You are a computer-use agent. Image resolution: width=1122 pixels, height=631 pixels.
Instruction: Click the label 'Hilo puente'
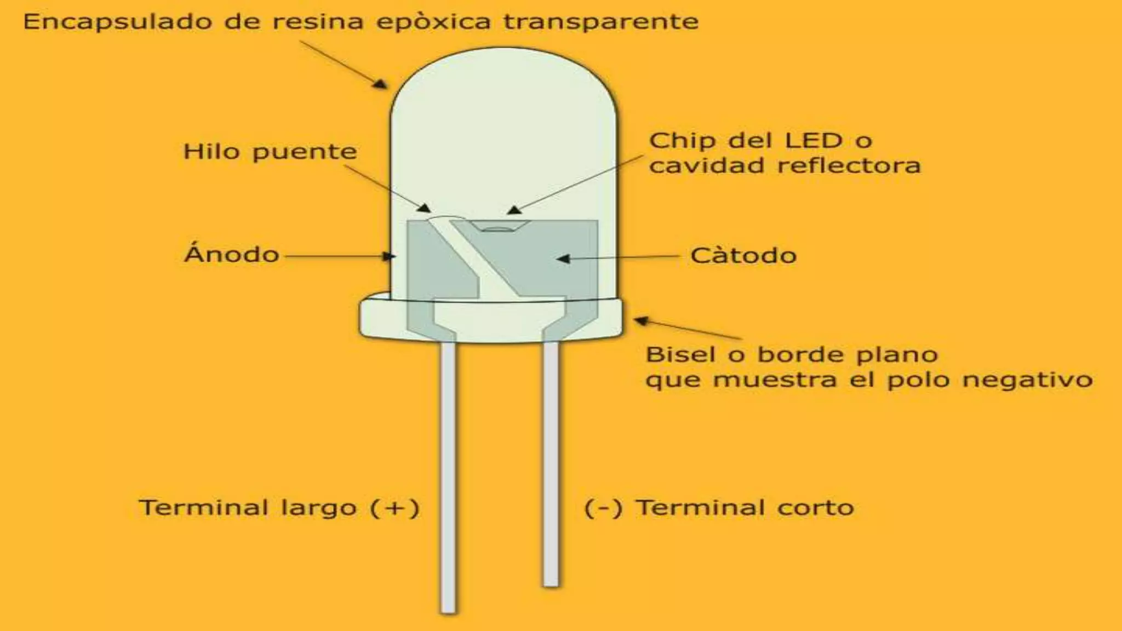(270, 152)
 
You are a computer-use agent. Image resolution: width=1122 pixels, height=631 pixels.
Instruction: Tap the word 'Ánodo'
(232, 255)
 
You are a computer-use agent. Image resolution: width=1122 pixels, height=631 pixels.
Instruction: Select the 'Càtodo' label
(743, 256)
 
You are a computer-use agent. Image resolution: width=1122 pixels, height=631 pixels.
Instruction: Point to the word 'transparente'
(601, 22)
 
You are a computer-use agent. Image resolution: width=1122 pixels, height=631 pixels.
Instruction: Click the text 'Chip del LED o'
(760, 141)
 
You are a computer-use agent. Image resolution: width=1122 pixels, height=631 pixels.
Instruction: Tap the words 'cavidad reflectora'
(785, 165)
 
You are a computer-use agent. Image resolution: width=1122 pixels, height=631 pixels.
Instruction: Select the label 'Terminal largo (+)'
(279, 508)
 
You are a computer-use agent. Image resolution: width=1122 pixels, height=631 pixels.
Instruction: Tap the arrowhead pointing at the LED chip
(513, 210)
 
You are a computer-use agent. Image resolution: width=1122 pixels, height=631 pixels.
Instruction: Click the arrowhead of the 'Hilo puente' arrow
(424, 208)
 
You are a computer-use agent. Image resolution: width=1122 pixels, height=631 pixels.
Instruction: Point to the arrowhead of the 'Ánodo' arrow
(389, 256)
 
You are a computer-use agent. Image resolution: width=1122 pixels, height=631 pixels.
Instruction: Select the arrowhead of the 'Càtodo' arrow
(563, 258)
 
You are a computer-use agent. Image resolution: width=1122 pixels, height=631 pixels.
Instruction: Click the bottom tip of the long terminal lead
(448, 610)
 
